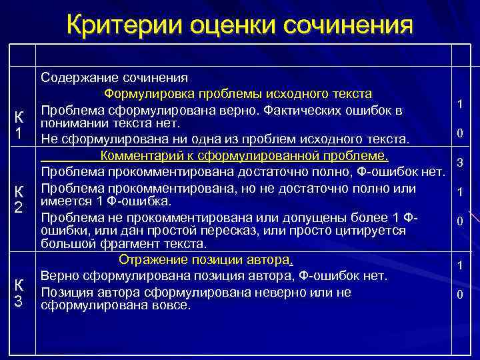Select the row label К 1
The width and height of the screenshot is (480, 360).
pos(20,125)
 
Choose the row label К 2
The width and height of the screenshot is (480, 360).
pos(20,199)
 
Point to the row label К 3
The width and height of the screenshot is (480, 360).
pos(20,292)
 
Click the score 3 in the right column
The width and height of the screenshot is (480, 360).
pos(459,163)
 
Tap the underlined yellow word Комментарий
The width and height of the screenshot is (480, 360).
pos(142,157)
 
